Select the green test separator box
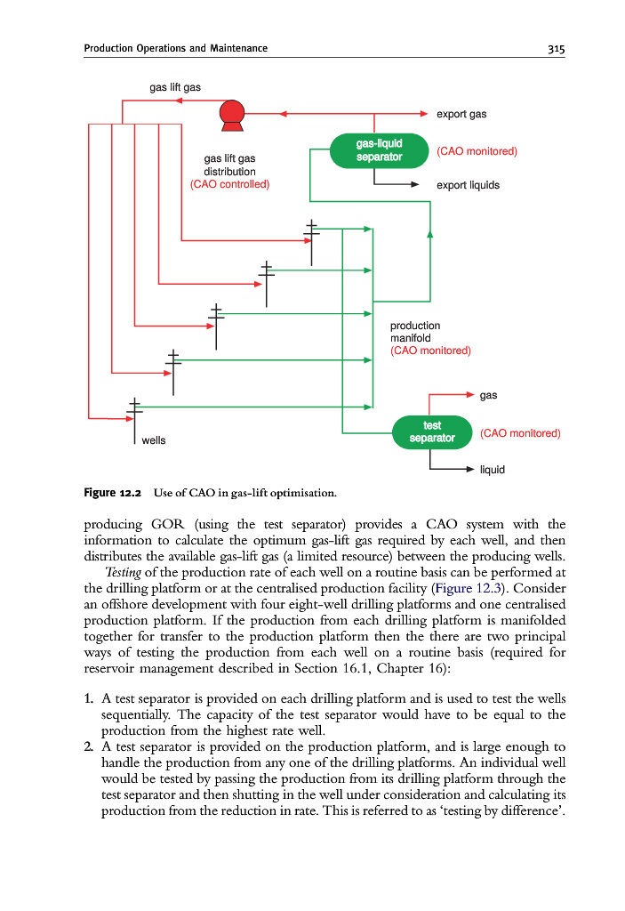(432, 432)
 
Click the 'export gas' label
(461, 115)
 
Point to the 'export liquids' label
(468, 186)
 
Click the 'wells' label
(154, 440)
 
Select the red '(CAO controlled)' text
(230, 185)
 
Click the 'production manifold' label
(415, 332)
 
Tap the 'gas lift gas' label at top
(174, 87)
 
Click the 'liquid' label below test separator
(493, 469)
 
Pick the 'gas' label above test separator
(488, 394)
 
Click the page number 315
(557, 48)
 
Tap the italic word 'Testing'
(124, 571)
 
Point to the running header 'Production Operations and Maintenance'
(176, 48)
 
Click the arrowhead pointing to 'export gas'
(425, 115)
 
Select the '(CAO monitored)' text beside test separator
(520, 433)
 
